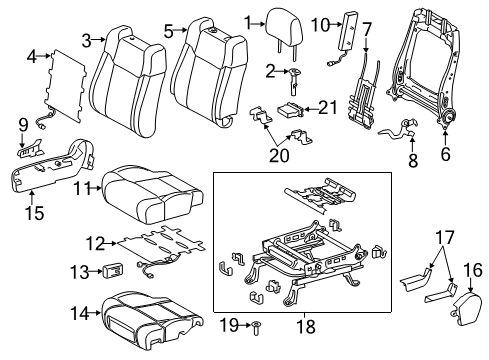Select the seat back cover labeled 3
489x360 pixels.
point(125,75)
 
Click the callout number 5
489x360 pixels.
point(168,30)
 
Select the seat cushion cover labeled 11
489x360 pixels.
point(150,190)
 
